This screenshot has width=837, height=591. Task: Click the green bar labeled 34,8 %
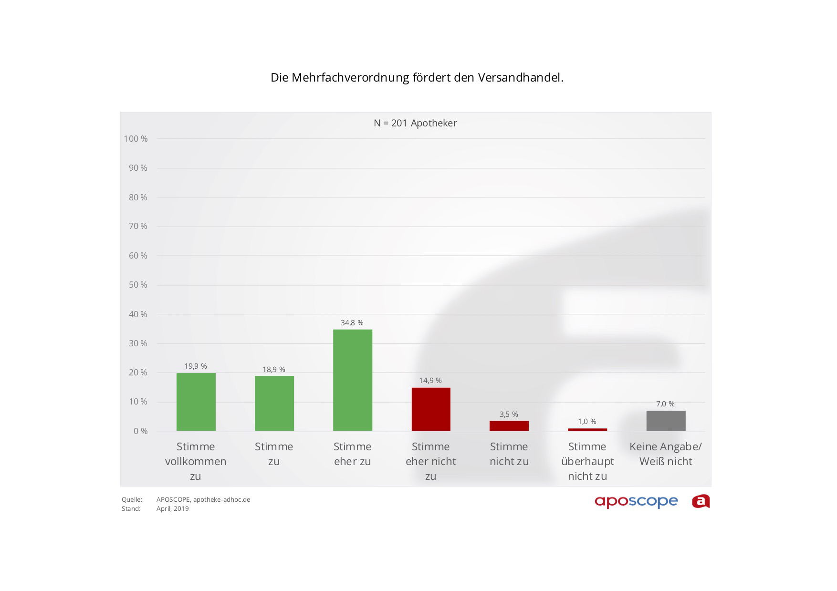(x=353, y=380)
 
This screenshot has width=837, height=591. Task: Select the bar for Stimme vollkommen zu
(x=196, y=402)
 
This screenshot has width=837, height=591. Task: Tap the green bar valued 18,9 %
(x=274, y=404)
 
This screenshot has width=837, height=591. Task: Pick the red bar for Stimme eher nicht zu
(x=431, y=409)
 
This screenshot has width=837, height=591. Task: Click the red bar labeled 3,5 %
(x=509, y=426)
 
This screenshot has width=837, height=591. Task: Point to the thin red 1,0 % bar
(x=587, y=430)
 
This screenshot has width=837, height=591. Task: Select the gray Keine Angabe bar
(x=666, y=421)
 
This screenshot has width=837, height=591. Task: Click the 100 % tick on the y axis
(x=136, y=139)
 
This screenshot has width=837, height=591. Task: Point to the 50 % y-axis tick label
(x=138, y=285)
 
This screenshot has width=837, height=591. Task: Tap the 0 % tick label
(x=140, y=431)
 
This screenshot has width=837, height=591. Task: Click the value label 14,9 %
(x=430, y=381)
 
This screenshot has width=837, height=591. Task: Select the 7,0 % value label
(x=665, y=404)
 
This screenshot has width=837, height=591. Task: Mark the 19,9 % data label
(x=196, y=366)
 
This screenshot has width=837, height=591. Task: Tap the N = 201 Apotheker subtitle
(x=415, y=123)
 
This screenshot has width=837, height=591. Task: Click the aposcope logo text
(x=636, y=501)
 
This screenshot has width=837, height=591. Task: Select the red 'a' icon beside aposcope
(x=701, y=501)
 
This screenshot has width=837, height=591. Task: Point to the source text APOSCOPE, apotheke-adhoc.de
(x=203, y=500)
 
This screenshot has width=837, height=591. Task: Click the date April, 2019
(x=173, y=509)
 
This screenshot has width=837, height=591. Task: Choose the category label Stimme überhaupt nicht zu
(x=587, y=461)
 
